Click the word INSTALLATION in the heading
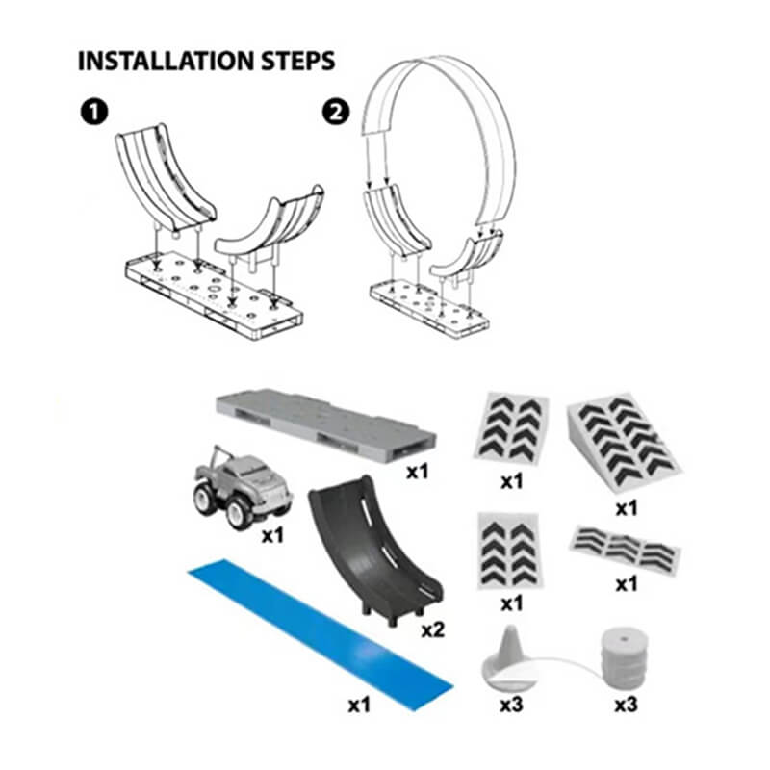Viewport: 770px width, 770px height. tap(166, 61)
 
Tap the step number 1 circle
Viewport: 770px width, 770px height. tap(93, 112)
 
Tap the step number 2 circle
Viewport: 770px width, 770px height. tap(336, 112)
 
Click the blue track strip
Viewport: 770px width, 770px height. tap(320, 634)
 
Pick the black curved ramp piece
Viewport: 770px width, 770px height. tap(375, 550)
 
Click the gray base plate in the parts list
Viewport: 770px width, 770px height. tap(325, 424)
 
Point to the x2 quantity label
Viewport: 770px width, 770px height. tap(433, 629)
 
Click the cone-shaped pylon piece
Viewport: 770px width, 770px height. tap(509, 656)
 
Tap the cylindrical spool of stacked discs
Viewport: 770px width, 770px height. tap(624, 657)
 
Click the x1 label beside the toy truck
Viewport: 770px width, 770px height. tap(272, 535)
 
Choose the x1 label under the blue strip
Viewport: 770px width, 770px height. tap(359, 706)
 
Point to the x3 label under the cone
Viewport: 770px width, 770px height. tap(512, 705)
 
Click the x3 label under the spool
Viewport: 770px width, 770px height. tap(627, 705)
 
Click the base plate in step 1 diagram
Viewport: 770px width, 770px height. tap(214, 294)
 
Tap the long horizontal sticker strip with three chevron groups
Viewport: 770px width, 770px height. tap(625, 550)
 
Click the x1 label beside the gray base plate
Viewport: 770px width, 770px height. tap(418, 472)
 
